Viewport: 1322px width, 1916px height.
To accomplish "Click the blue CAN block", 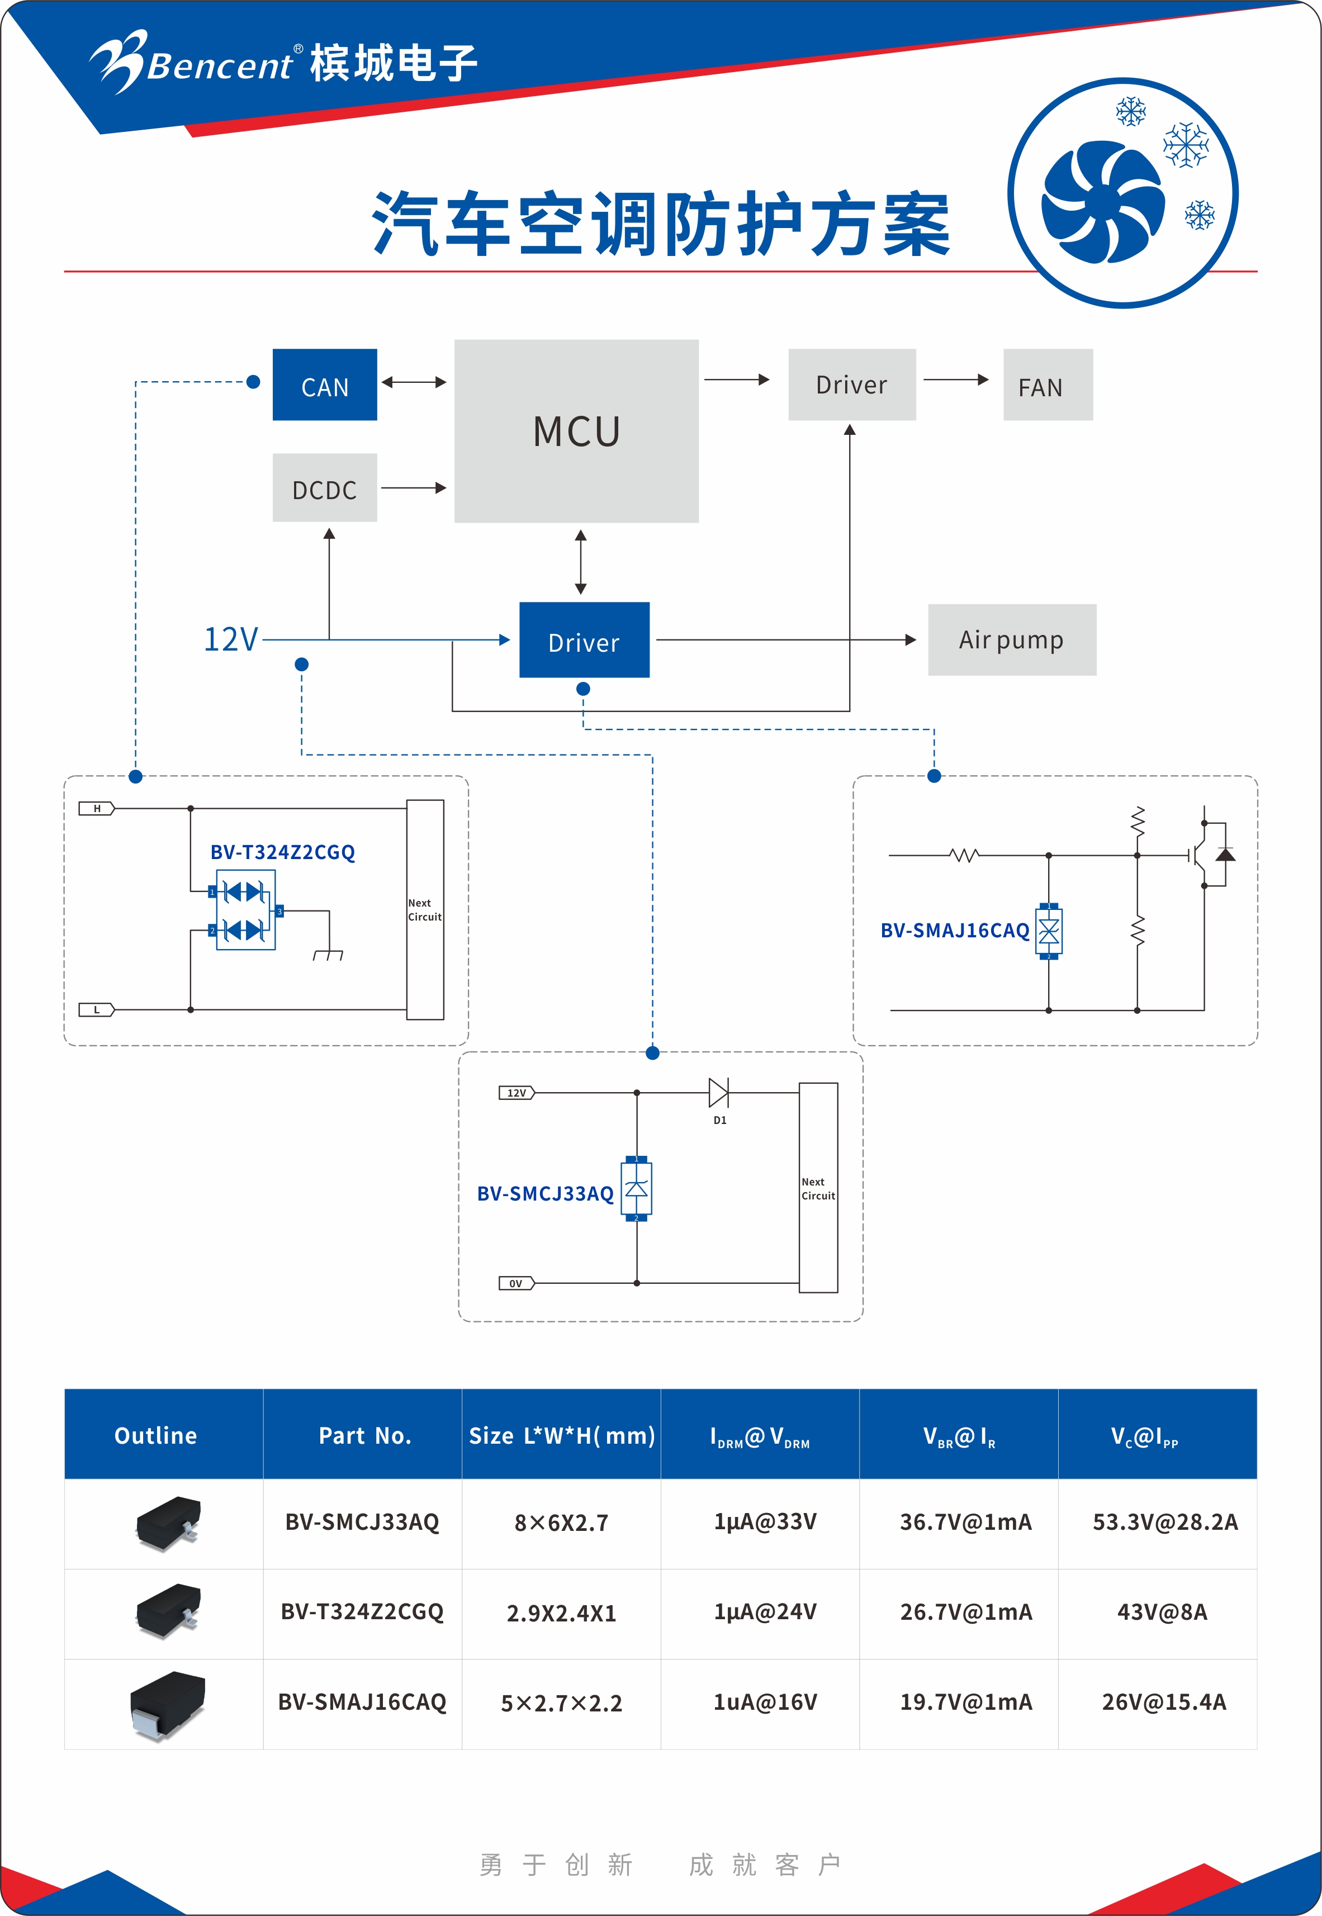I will [x=325, y=385].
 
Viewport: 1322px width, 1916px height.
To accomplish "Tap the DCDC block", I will [x=325, y=489].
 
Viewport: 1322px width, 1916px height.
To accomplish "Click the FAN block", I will [x=1048, y=385].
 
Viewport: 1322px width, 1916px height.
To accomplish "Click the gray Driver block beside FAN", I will [x=851, y=385].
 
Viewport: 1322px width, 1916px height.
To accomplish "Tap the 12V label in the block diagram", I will [x=231, y=640].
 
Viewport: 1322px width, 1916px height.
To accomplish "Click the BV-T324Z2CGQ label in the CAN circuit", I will [x=282, y=852].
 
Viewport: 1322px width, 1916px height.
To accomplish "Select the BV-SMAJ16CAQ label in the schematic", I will [x=954, y=931].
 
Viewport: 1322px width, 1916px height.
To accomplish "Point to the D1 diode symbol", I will [x=718, y=1093].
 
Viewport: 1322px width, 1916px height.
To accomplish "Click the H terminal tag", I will [x=97, y=808].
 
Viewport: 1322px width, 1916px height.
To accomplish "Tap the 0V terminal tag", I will [x=516, y=1283].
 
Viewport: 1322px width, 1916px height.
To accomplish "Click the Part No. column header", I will [x=364, y=1436].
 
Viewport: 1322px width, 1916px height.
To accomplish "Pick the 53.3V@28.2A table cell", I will [x=1164, y=1522].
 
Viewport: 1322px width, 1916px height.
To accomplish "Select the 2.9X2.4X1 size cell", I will [x=561, y=1613].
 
